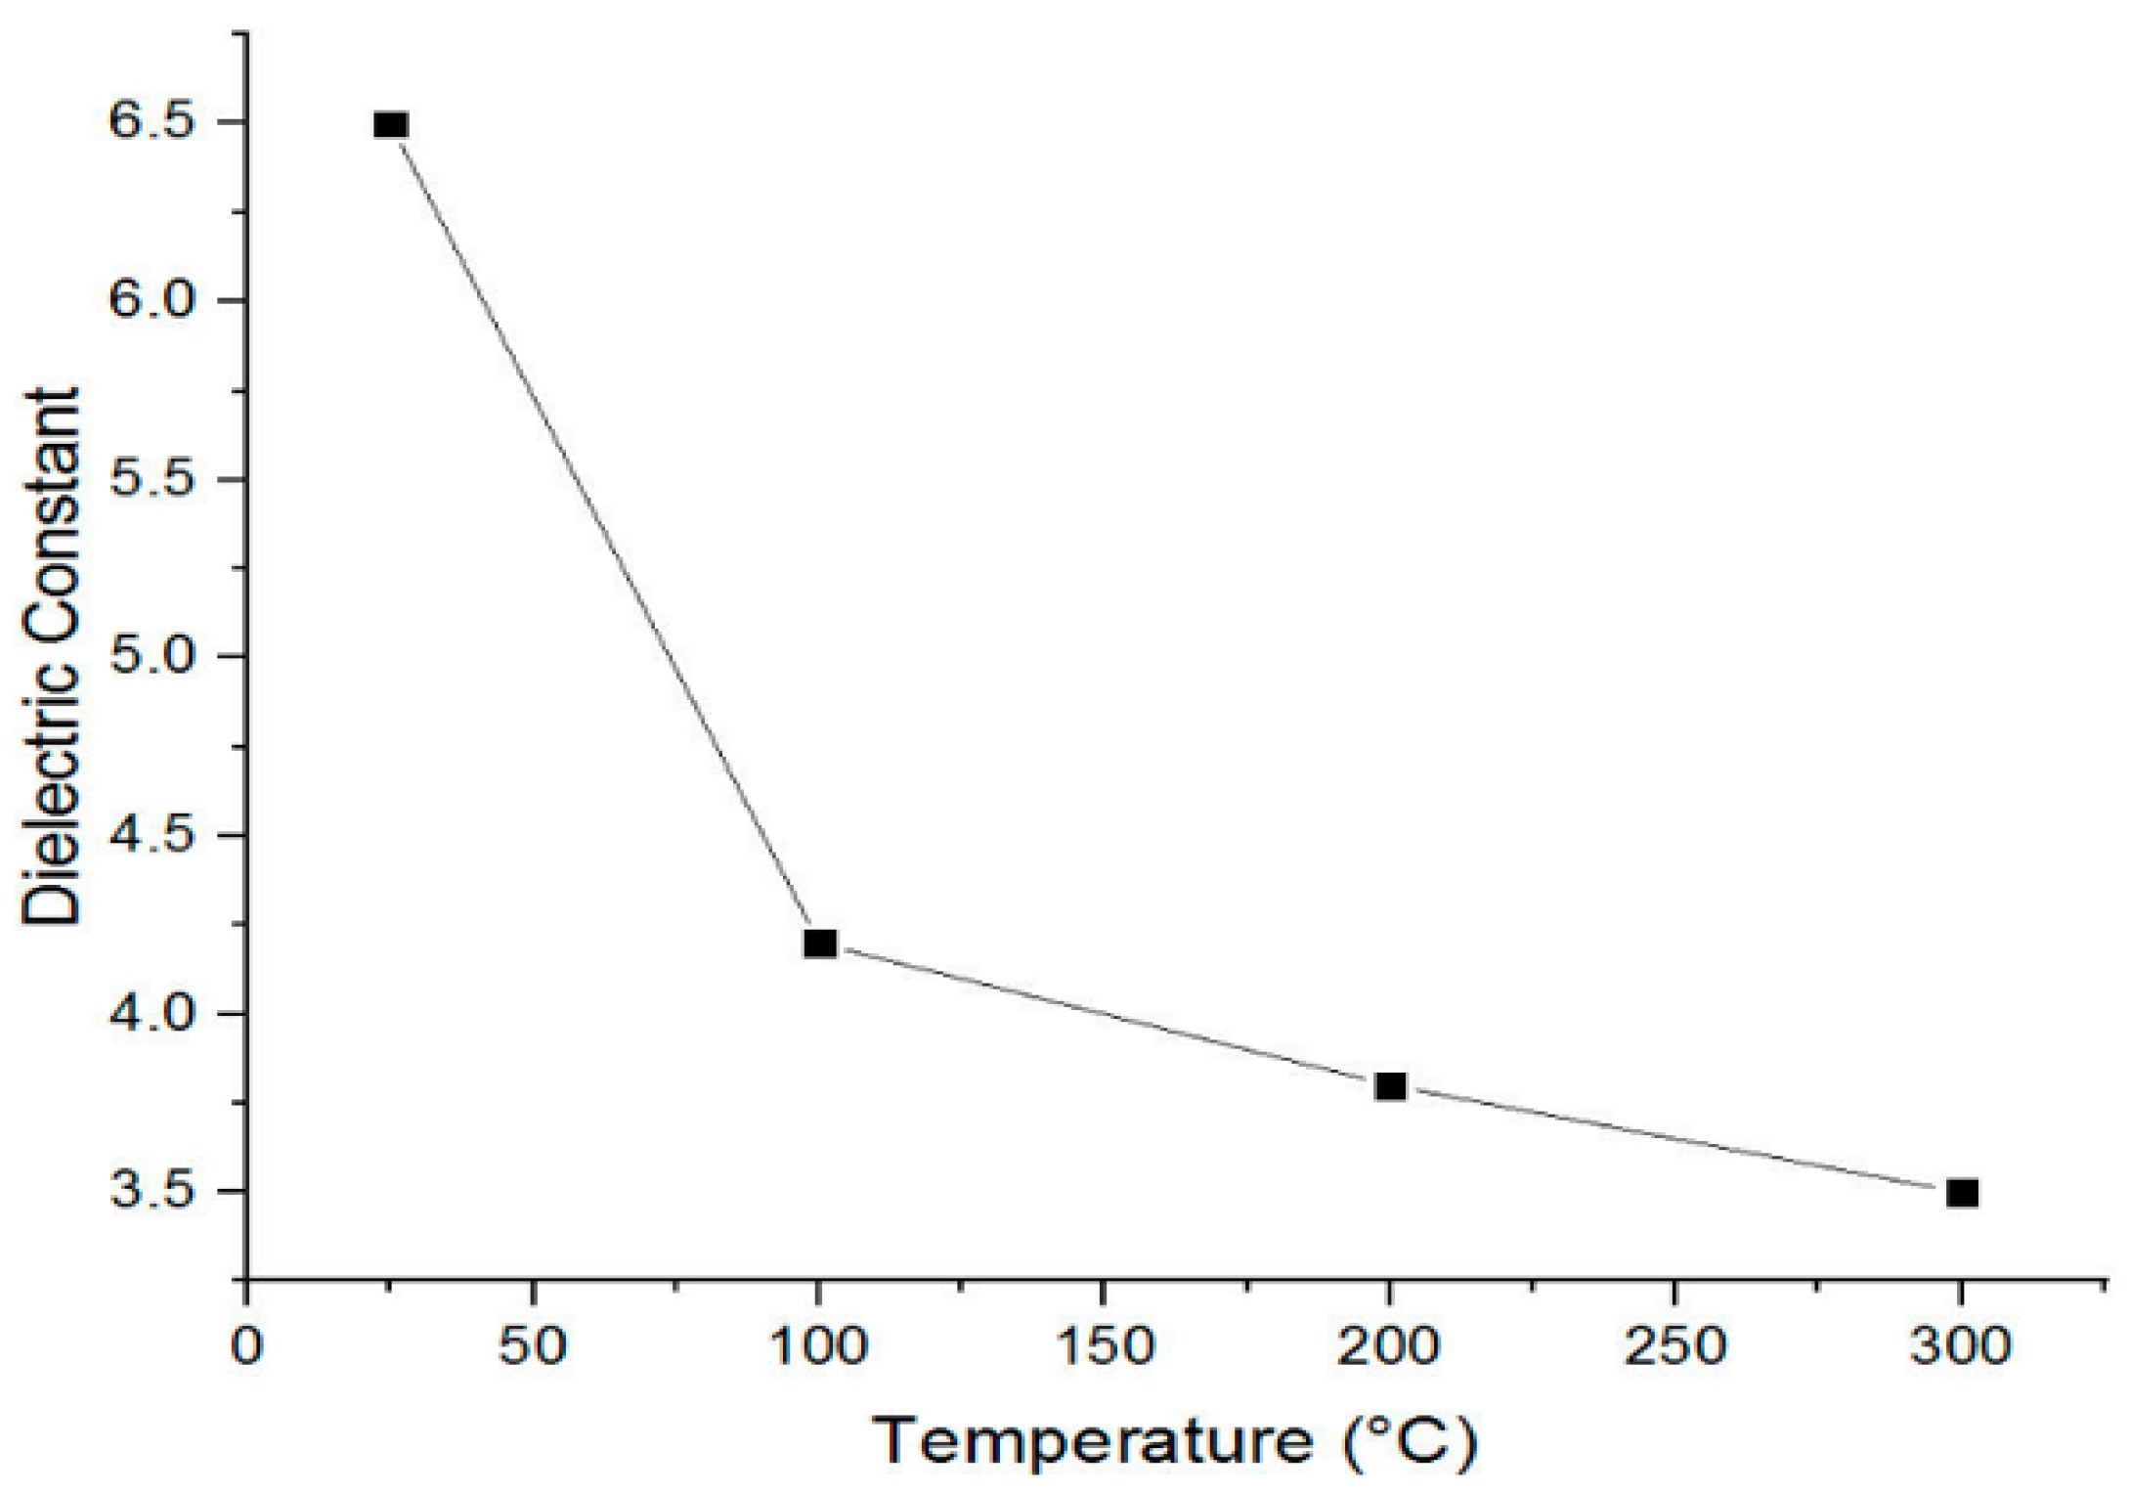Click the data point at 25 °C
pos(391,125)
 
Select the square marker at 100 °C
pos(820,944)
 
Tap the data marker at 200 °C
pos(1390,1086)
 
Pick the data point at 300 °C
pos(1962,1193)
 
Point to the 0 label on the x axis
pos(247,1346)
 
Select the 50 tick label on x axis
pos(533,1346)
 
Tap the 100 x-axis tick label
pos(818,1346)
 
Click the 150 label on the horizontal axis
pos(1104,1346)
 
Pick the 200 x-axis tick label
pos(1388,1346)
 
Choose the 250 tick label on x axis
pos(1674,1346)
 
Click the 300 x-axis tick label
pos(1960,1346)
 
